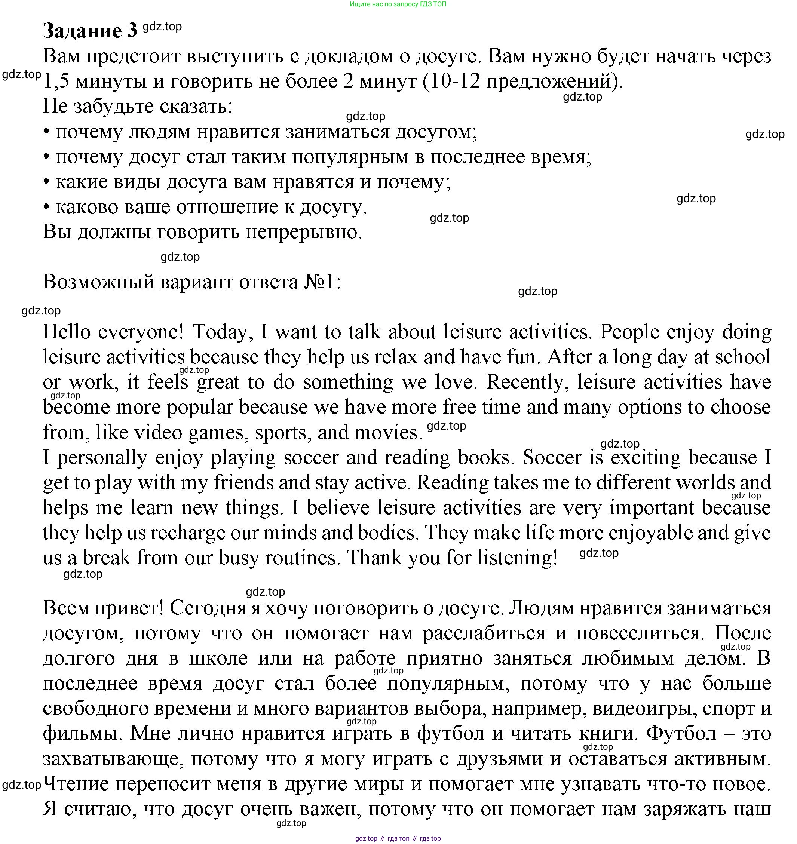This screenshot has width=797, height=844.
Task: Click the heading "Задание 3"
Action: (90, 31)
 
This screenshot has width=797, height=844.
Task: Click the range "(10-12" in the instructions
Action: (451, 82)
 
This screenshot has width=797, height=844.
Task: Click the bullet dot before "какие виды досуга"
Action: (46, 182)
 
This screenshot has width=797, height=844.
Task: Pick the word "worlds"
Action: (705, 483)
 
